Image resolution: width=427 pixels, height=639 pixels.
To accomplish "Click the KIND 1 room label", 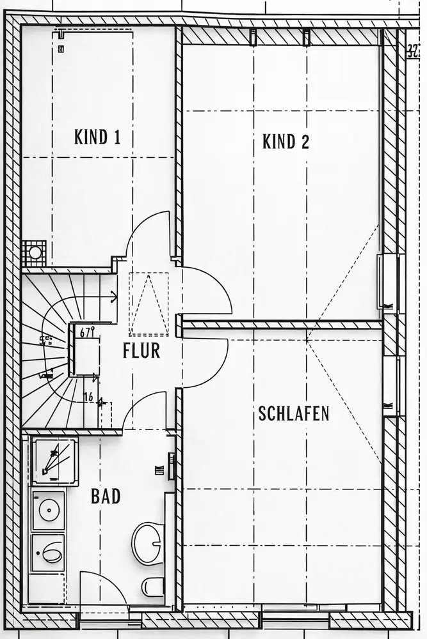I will pyautogui.click(x=97, y=137).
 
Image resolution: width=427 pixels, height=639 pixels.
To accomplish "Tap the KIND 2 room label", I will pyautogui.click(x=286, y=141).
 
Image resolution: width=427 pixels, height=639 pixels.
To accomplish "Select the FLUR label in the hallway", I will pyautogui.click(x=141, y=351).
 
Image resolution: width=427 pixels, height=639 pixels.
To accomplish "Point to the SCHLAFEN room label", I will pyautogui.click(x=294, y=413).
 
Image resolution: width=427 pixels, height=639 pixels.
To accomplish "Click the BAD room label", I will pyautogui.click(x=106, y=496).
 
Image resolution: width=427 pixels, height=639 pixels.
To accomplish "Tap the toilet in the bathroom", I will pyautogui.click(x=153, y=585).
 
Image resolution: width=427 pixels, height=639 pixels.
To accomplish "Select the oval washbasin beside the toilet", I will pyautogui.click(x=148, y=543).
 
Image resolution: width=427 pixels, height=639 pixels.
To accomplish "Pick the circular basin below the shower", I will pyautogui.click(x=49, y=509).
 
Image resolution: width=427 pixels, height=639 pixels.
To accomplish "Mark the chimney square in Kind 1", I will pyautogui.click(x=34, y=253).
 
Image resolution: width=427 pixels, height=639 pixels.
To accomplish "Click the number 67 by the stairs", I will pyautogui.click(x=87, y=332).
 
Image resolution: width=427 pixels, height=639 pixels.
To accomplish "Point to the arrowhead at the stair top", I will pyautogui.click(x=113, y=296).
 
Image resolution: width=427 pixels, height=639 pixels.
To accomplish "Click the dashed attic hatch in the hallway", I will pyautogui.click(x=149, y=304).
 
